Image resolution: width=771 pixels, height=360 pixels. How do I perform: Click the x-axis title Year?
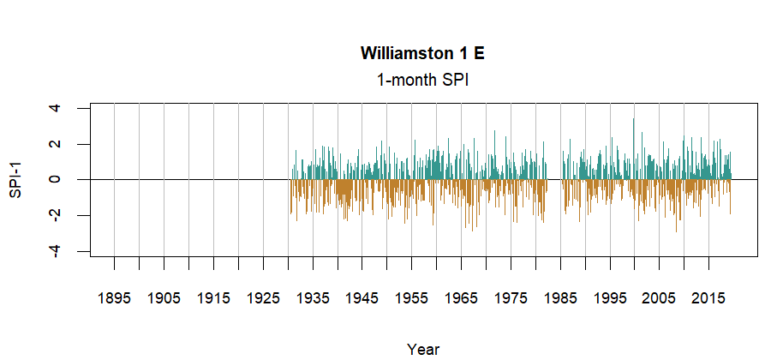click(423, 349)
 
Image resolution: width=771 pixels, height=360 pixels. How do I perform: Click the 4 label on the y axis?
click(55, 109)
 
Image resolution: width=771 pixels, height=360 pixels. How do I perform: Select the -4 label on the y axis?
click(55, 250)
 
